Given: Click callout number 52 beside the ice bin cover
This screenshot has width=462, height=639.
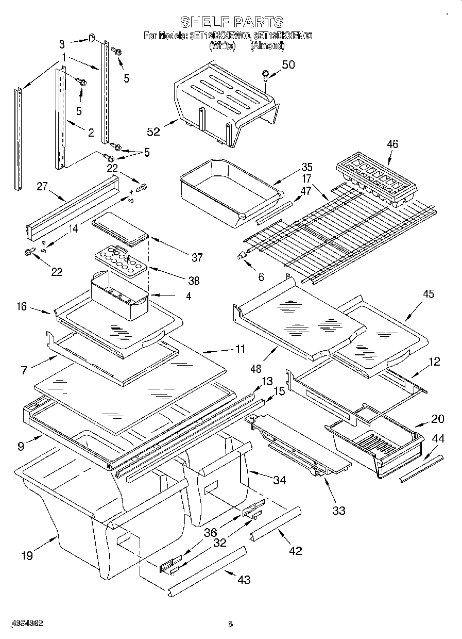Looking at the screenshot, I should click(x=153, y=132).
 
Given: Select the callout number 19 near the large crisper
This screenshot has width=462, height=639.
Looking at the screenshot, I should click(x=27, y=555).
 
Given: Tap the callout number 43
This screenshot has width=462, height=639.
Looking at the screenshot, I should click(x=244, y=580).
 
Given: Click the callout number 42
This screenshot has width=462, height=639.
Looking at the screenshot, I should click(x=295, y=550).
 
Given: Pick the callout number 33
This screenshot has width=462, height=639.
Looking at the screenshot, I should click(x=339, y=511).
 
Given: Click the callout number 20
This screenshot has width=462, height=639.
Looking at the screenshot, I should click(x=437, y=419).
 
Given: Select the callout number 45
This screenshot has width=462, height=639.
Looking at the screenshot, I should click(x=428, y=294).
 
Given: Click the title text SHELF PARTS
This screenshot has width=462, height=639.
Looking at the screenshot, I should click(x=231, y=22).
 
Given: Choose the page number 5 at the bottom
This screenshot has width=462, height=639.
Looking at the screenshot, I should click(x=231, y=625).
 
